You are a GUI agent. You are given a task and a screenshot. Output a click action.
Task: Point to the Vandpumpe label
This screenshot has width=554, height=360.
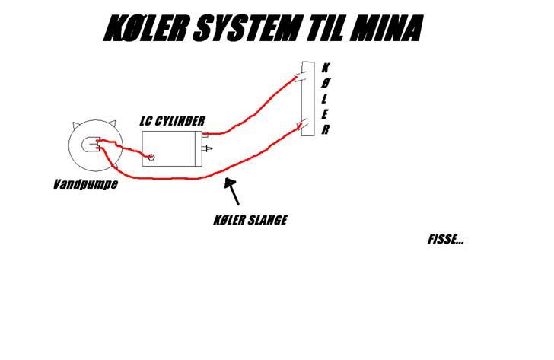coord(85,184)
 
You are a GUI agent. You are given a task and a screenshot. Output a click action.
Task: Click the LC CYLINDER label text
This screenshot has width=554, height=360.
coord(172,121)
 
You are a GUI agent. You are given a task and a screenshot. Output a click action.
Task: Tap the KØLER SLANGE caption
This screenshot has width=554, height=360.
coord(250,221)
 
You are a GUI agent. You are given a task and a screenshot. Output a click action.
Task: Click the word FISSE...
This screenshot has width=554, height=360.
coord(446,240)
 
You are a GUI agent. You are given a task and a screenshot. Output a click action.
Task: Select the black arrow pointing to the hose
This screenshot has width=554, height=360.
coord(233,190)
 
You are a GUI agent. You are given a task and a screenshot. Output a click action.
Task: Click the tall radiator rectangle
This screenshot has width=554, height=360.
coord(307,99)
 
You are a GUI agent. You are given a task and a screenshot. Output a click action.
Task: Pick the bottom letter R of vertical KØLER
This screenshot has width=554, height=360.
coord(326,130)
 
